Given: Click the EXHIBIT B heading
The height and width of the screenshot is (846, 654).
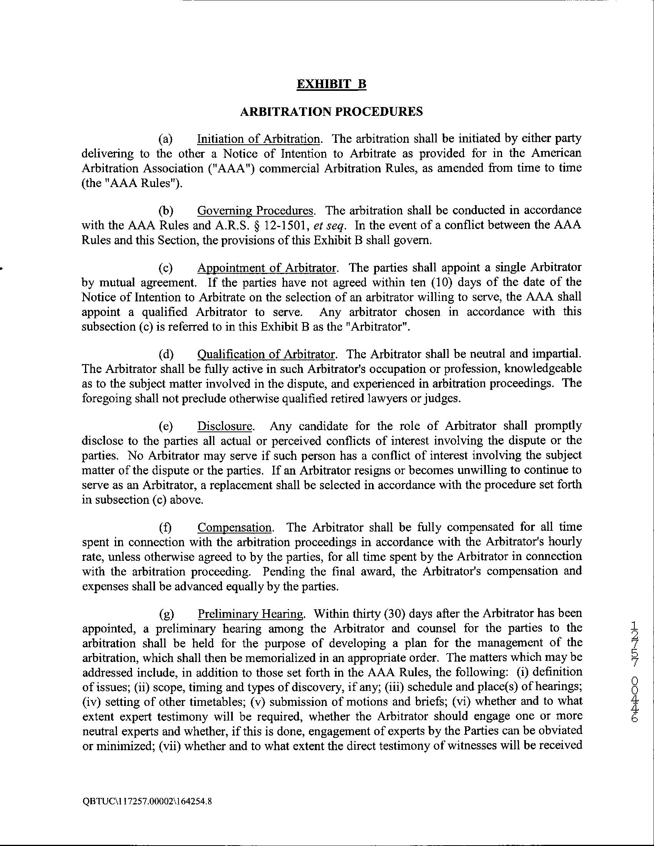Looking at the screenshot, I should tap(331, 84).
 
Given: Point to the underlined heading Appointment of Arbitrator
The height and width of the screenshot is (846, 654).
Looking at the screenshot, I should tap(266, 268).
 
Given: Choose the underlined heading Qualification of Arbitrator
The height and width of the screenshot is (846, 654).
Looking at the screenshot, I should tap(266, 354).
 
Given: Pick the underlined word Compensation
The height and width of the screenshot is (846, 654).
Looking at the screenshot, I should tap(235, 527).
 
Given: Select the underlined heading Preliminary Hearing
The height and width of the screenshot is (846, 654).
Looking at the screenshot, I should tap(251, 614).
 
